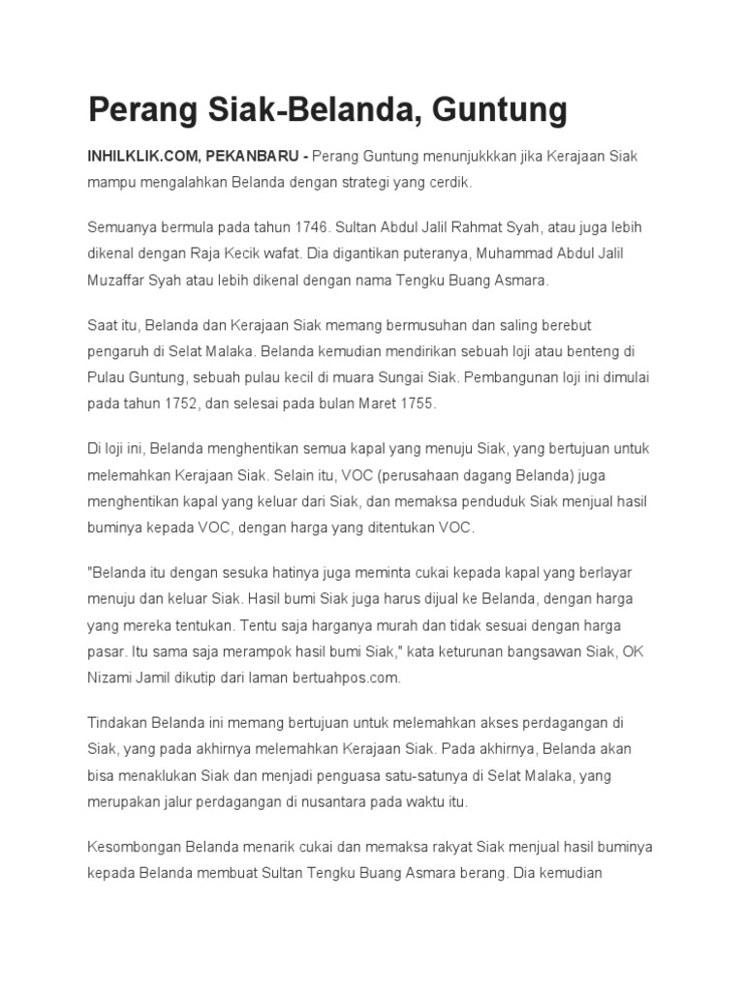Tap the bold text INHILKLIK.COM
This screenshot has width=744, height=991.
(x=142, y=156)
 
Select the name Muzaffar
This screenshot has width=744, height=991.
(x=121, y=280)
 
